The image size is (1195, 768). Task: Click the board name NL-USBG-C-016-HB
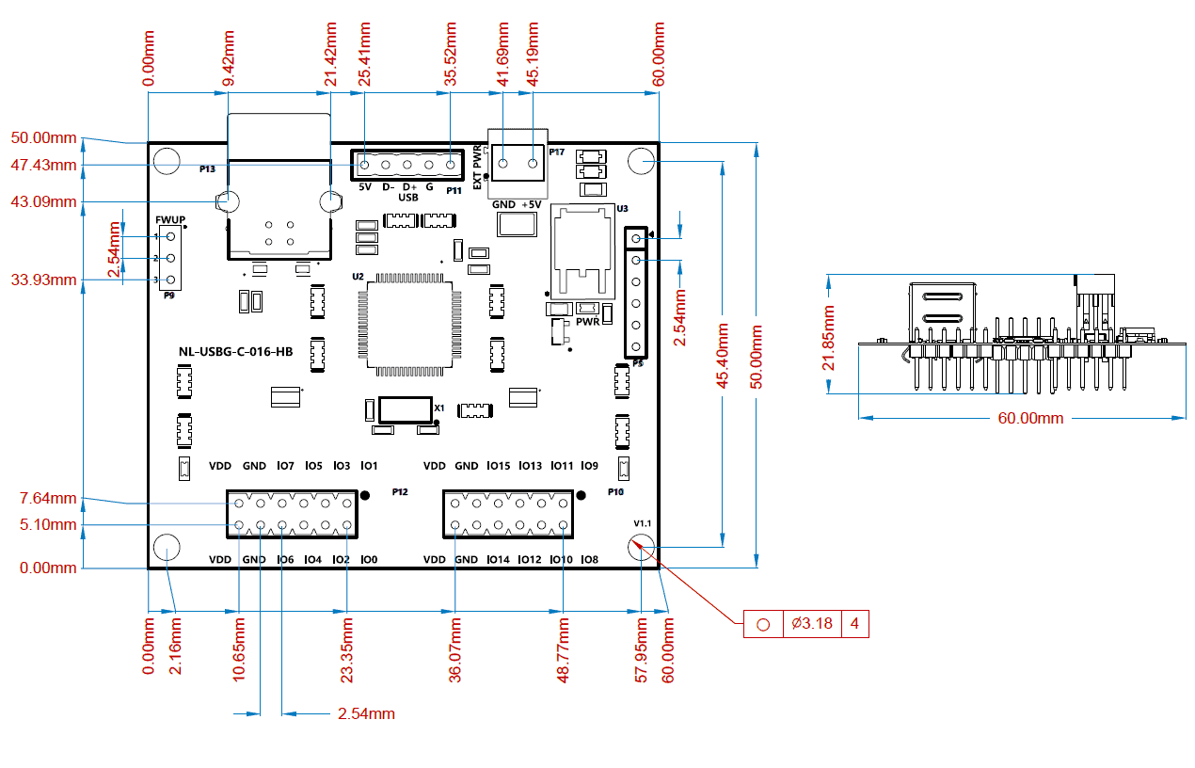[x=235, y=352]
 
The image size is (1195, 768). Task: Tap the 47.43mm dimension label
[x=43, y=165]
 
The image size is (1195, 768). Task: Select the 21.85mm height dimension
[x=828, y=338]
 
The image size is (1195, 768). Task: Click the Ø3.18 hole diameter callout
[x=811, y=623]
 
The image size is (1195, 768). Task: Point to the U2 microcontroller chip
[x=409, y=325]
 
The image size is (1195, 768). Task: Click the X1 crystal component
[x=405, y=410]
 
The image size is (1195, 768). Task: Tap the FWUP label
[x=170, y=219]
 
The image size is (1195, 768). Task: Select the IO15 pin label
[x=499, y=466]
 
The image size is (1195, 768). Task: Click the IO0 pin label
[x=369, y=559]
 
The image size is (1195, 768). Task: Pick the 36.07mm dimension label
[x=455, y=650]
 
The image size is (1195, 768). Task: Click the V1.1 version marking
[x=643, y=523]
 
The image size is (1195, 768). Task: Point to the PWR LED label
[x=587, y=322]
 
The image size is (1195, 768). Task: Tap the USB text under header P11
[x=408, y=198]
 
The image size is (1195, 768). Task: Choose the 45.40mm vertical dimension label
[x=722, y=356]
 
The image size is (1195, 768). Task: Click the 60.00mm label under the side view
[x=1030, y=418]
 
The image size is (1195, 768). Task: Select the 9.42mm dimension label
[x=229, y=58]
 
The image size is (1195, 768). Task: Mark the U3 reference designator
[x=622, y=209]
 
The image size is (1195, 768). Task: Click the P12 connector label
[x=400, y=491]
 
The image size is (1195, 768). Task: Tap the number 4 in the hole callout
[x=854, y=623]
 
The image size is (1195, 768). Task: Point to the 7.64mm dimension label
[x=48, y=499]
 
